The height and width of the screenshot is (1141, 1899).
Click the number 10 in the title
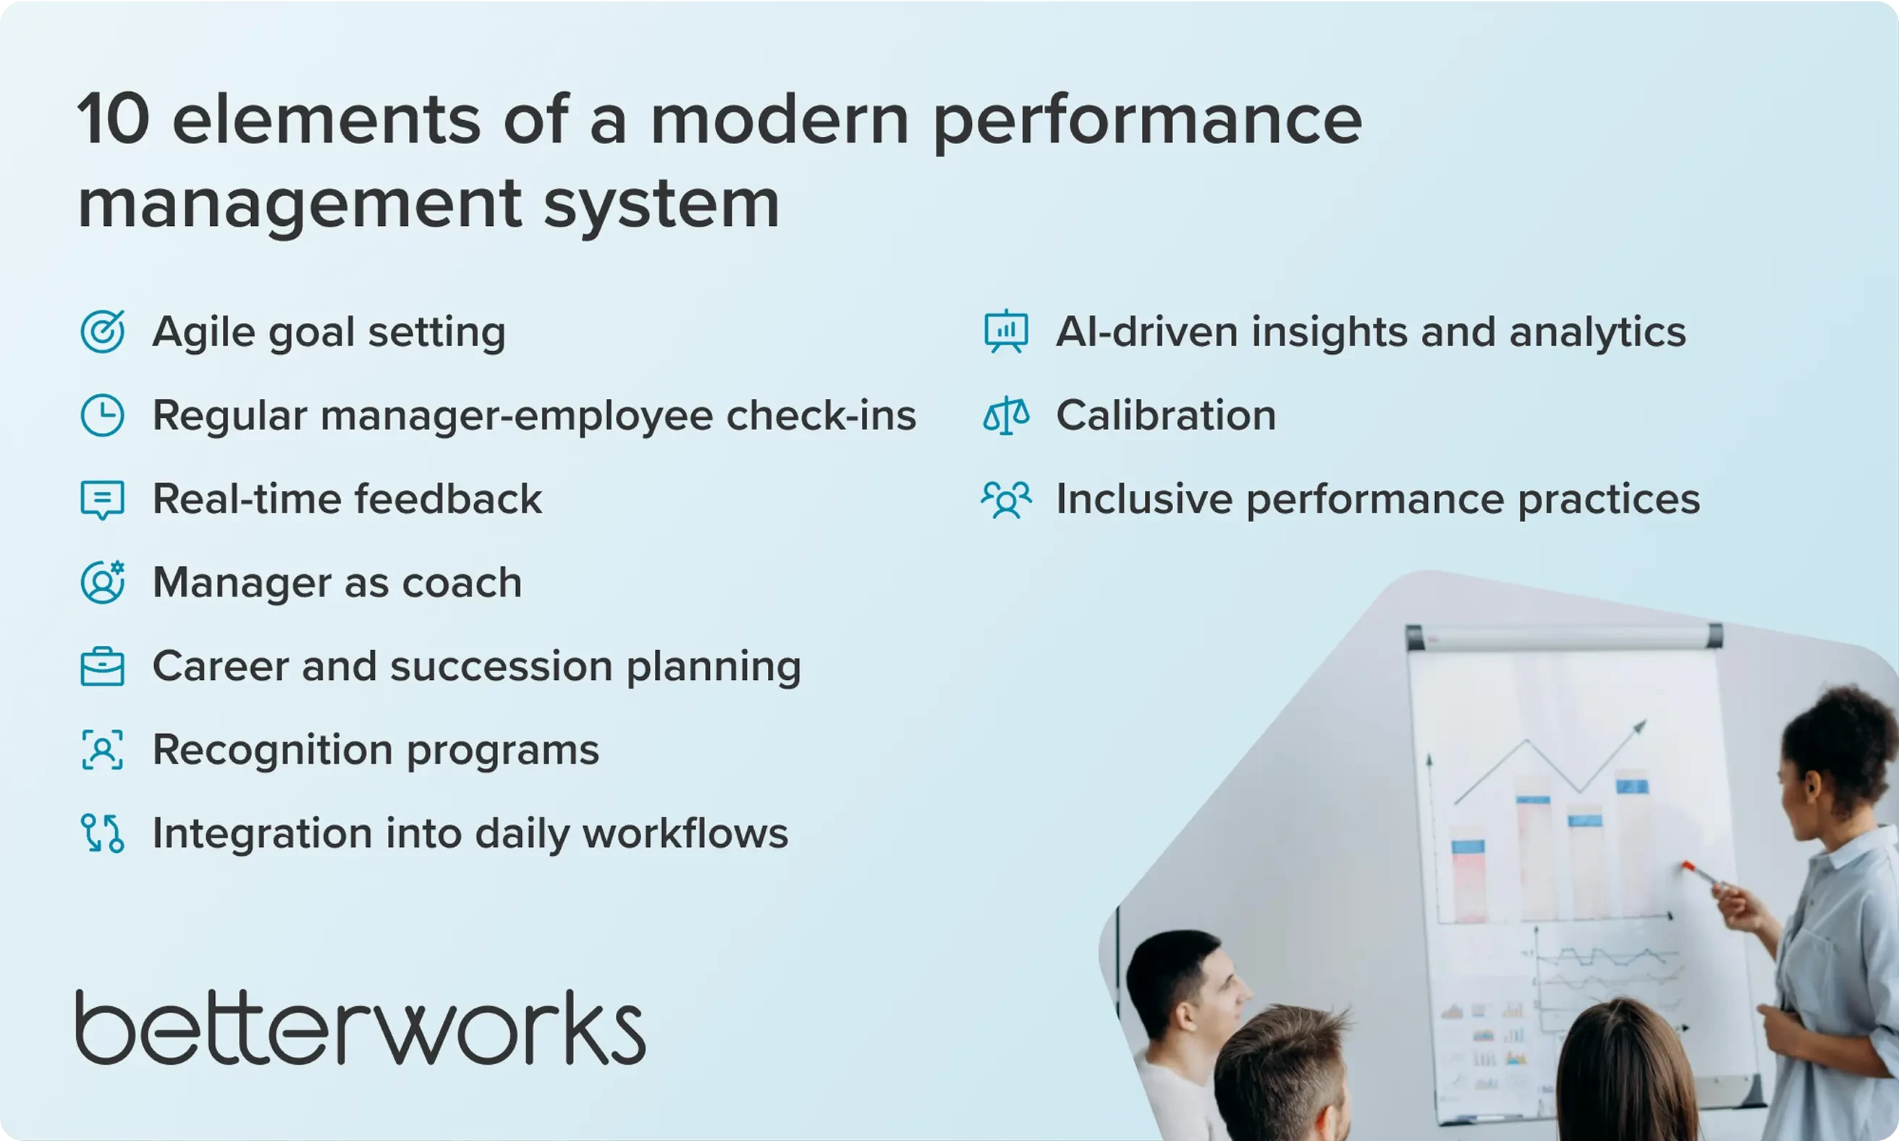pos(113,120)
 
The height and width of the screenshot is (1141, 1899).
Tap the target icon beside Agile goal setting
pos(102,332)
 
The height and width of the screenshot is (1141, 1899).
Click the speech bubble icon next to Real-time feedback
pos(102,500)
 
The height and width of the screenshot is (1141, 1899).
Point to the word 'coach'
pos(462,583)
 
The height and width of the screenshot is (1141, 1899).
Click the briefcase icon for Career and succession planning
pos(102,667)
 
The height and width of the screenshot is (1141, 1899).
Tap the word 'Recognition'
pos(273,749)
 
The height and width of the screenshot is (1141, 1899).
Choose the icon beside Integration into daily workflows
pos(102,833)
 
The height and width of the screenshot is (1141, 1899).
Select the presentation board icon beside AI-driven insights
pos(1006,332)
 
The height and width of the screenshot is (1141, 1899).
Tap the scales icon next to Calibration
pos(1006,416)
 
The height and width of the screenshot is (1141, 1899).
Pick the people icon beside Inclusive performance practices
pos(1006,500)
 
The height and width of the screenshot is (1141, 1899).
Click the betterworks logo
pos(360,1028)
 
